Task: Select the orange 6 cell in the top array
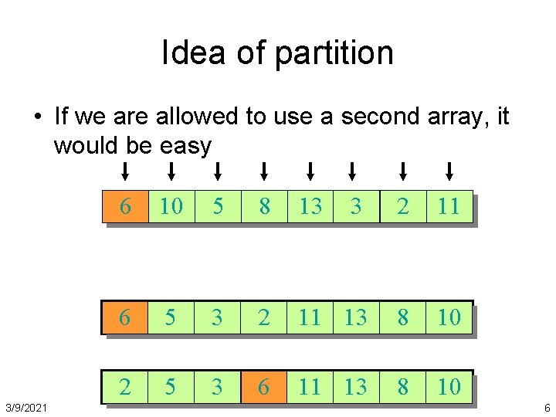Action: pos(125,207)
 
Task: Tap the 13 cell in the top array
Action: pos(310,207)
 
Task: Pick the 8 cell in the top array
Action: pos(264,207)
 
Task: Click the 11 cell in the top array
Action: pos(449,207)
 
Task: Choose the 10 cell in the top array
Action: pos(171,207)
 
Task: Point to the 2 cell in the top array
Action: pos(402,207)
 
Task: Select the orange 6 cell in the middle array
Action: pos(124,317)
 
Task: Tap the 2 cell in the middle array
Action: pos(264,317)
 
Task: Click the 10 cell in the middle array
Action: pos(449,317)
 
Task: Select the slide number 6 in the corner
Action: pos(547,407)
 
